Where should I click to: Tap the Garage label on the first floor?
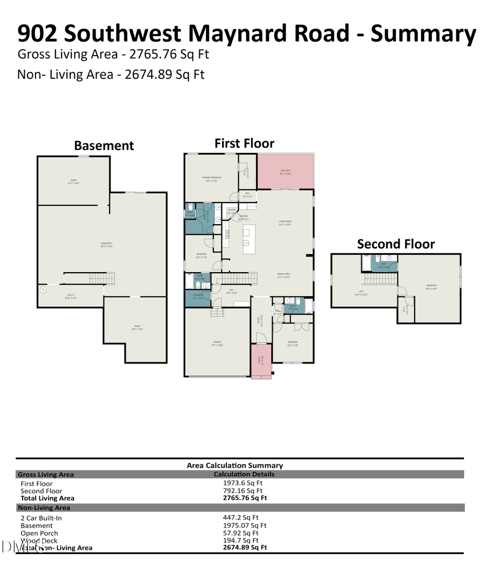click(x=217, y=342)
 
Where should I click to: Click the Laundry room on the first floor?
click(x=198, y=296)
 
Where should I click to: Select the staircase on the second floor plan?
click(x=381, y=279)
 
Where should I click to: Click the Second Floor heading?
click(x=395, y=244)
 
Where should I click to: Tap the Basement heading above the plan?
click(x=104, y=146)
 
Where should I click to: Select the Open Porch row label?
click(x=39, y=533)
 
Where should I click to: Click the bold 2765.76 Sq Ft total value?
click(x=245, y=498)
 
